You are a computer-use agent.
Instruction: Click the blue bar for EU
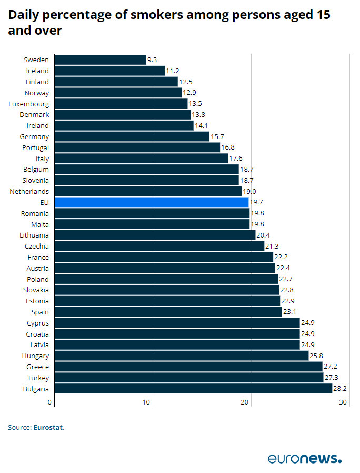pyautogui.click(x=151, y=202)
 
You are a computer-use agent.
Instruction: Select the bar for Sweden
pyautogui.click(x=100, y=60)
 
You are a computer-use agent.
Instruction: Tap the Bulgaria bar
pyautogui.click(x=193, y=389)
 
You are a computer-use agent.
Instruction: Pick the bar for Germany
pyautogui.click(x=132, y=136)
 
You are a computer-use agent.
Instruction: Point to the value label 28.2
pyautogui.click(x=339, y=389)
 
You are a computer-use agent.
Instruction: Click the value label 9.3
pyautogui.click(x=152, y=60)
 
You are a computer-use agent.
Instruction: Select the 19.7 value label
pyautogui.click(x=256, y=202)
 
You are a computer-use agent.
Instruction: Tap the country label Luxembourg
pyautogui.click(x=28, y=104)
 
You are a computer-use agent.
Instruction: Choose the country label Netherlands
pyautogui.click(x=29, y=191)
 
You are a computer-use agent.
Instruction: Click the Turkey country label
pyautogui.click(x=37, y=378)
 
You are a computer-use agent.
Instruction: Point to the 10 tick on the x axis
pyautogui.click(x=147, y=402)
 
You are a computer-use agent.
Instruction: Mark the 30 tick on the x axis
pyautogui.click(x=343, y=402)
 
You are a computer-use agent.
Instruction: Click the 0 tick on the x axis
pyautogui.click(x=51, y=402)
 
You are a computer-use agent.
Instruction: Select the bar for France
pyautogui.click(x=164, y=257)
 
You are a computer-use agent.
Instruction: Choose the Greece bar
pyautogui.click(x=188, y=367)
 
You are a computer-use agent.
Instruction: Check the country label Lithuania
pyautogui.click(x=34, y=235)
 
